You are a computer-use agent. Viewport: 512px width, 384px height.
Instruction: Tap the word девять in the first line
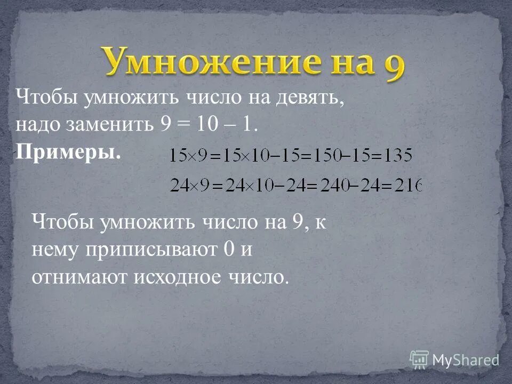click(308, 99)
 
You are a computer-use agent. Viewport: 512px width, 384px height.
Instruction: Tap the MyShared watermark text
click(465, 359)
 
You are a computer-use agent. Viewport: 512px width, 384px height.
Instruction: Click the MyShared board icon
click(419, 359)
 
